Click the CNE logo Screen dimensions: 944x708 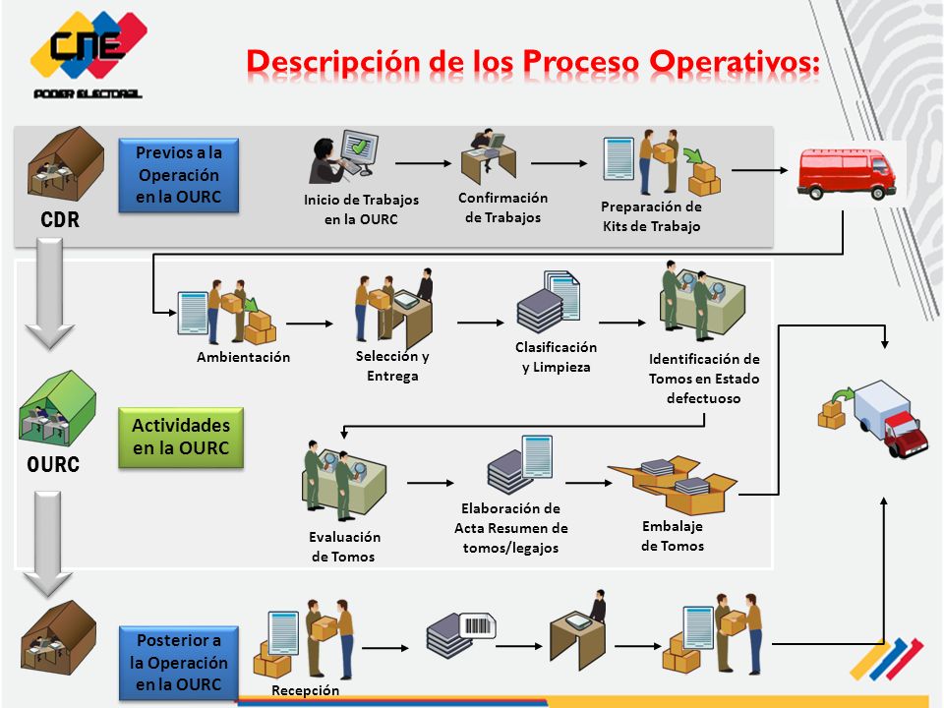[88, 53]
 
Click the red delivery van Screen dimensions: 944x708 [846, 173]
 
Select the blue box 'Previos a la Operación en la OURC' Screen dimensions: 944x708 [179, 175]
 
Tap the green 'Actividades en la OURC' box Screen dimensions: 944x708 [181, 437]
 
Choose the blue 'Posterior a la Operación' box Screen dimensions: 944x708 [179, 662]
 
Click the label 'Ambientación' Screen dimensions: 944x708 [243, 357]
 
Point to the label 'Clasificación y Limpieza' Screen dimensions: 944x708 [556, 357]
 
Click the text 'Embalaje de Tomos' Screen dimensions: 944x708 [673, 536]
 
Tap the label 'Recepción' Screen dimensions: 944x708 [305, 690]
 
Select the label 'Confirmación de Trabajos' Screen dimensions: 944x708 [502, 207]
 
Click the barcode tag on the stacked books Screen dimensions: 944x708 [478, 626]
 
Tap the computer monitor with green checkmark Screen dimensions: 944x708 [360, 147]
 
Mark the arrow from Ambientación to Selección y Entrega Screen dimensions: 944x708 [310, 324]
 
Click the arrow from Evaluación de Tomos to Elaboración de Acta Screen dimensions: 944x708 [431, 482]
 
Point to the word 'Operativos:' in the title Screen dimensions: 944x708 [735, 63]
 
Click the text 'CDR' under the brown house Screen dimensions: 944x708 [60, 219]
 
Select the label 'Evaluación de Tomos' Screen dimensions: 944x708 [344, 547]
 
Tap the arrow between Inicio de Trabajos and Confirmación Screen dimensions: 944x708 [423, 163]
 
